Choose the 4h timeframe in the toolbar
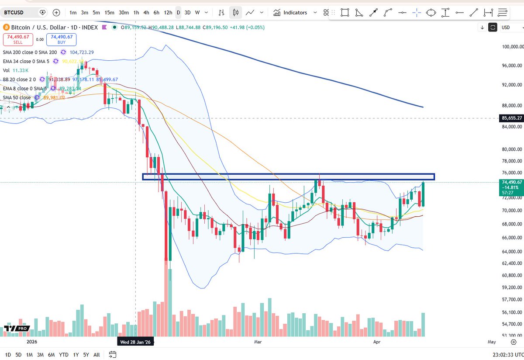coord(147,13)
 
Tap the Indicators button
coord(291,13)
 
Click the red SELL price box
coord(17,39)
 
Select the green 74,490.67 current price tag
coord(510,182)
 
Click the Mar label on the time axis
coord(258,342)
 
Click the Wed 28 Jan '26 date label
coord(135,342)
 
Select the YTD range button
coord(64,354)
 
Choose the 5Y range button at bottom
coord(86,354)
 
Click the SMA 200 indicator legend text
coord(26,52)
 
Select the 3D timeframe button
coord(187,13)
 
